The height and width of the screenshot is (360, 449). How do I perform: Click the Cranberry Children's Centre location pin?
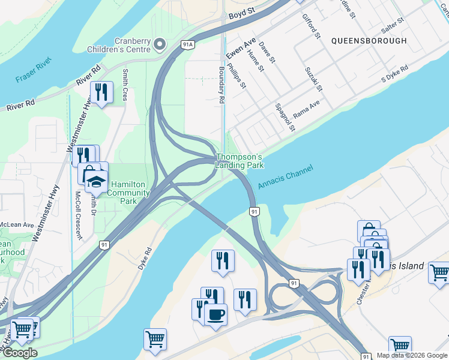pos(160,44)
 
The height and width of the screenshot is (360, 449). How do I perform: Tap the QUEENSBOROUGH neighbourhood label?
pos(368,41)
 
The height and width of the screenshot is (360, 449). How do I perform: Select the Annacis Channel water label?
pos(286,178)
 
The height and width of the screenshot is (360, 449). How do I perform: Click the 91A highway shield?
pos(188,44)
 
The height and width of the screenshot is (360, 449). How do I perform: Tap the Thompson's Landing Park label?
pos(240,161)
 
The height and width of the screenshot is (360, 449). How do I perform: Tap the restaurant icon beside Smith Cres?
pos(101,92)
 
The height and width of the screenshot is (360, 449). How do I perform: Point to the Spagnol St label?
pos(285,117)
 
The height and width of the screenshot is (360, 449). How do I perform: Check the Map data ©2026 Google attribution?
pos(412,355)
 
